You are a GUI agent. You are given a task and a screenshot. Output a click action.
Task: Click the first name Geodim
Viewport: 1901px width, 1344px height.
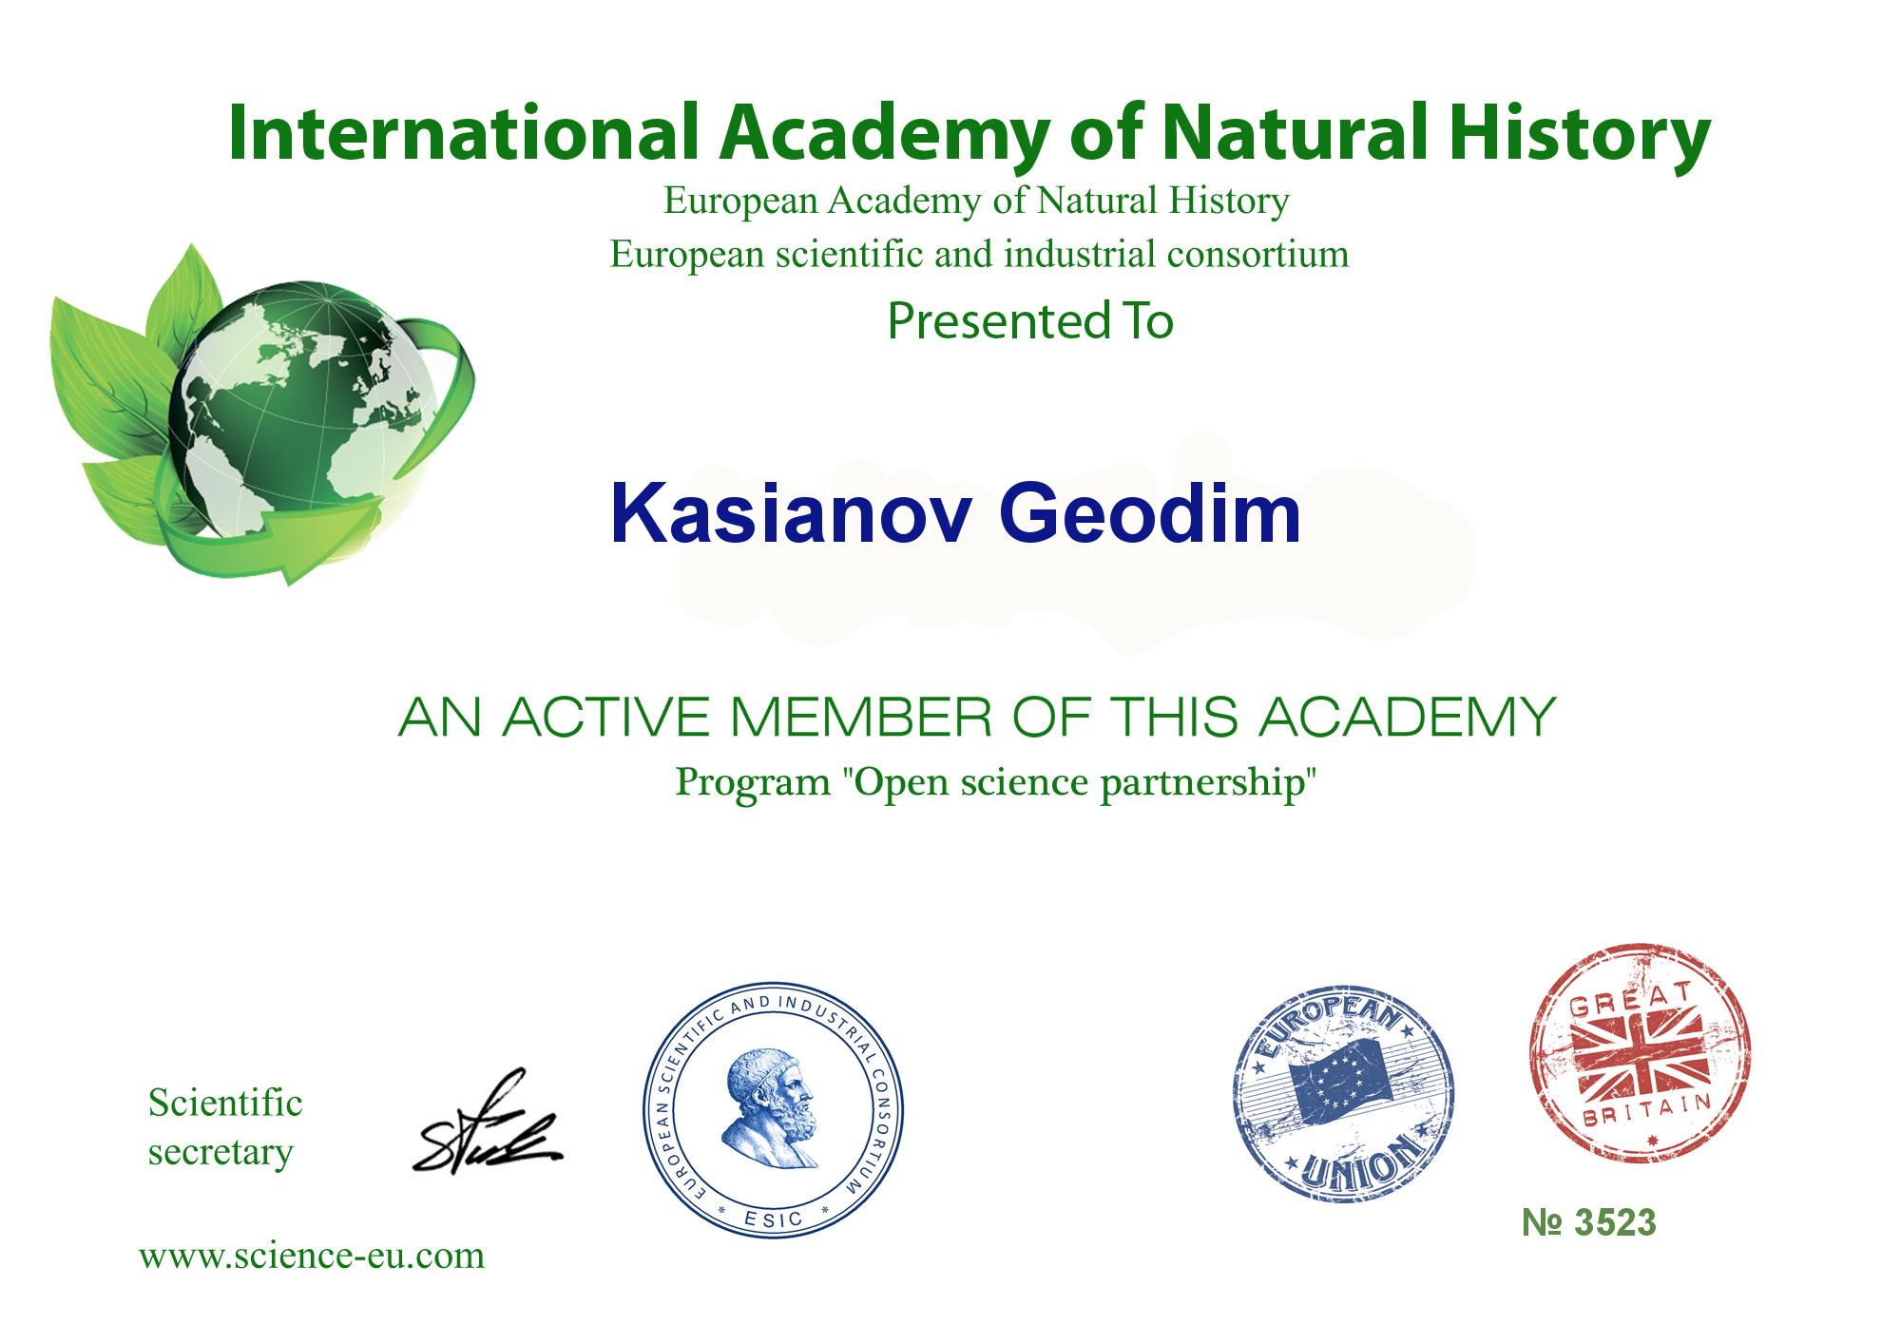point(1150,514)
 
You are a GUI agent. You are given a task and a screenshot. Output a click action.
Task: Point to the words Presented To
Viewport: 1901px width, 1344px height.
point(1030,321)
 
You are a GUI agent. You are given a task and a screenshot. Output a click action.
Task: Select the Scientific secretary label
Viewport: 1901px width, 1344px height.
point(225,1127)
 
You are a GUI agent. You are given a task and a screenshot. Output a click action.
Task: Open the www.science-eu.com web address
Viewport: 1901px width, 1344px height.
point(312,1256)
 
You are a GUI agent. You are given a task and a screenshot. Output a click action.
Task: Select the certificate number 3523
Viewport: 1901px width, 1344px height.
point(1589,1223)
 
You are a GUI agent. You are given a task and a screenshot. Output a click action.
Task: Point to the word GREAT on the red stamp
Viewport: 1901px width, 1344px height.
point(1635,1006)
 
